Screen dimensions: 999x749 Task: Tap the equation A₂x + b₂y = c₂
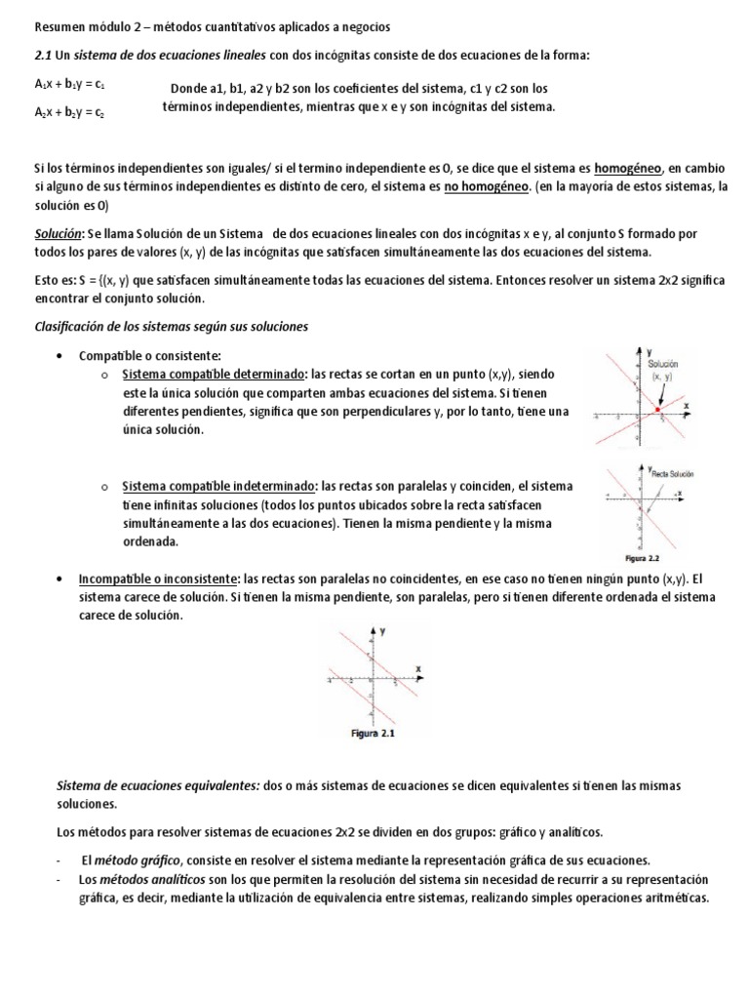tap(69, 112)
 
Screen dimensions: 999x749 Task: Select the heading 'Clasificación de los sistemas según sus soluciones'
tap(171, 327)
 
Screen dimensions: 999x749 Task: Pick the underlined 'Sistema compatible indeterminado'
tap(217, 486)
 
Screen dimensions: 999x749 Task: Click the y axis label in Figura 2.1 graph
tap(383, 631)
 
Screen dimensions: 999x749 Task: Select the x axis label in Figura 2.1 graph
tap(417, 667)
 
